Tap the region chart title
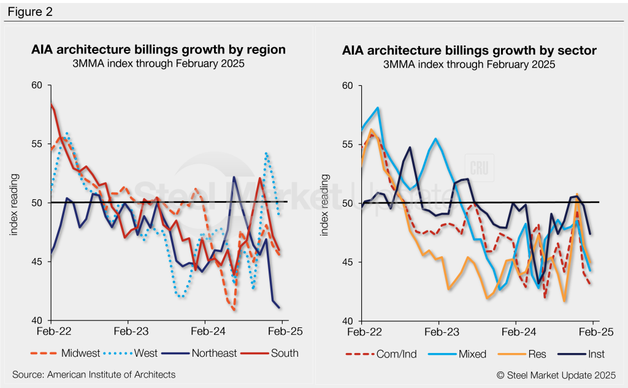tap(158, 50)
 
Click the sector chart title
tap(469, 50)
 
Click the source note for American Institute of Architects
tap(94, 374)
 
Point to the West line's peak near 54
tap(267, 153)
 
